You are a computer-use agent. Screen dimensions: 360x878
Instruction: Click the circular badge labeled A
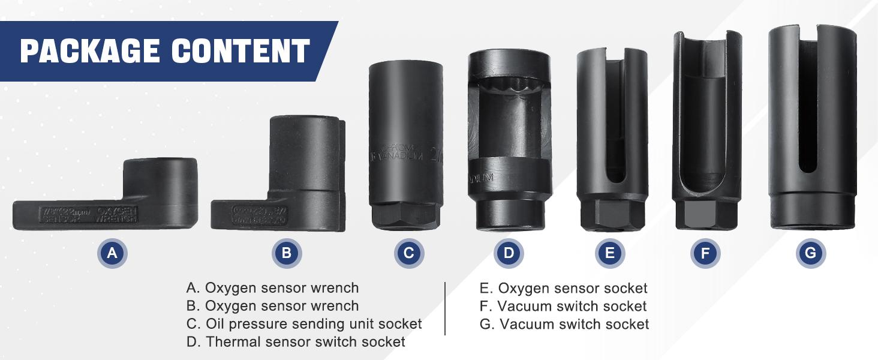click(x=112, y=253)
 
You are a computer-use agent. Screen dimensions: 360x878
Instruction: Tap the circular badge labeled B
click(x=287, y=253)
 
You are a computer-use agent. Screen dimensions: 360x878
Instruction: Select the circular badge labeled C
click(x=409, y=253)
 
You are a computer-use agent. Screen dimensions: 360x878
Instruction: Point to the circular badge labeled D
click(x=509, y=253)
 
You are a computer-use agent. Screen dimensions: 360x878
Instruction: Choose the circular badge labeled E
click(x=610, y=253)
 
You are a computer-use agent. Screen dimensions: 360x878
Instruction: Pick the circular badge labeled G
click(x=811, y=253)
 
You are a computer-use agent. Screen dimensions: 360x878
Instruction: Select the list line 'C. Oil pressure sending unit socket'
click(x=304, y=324)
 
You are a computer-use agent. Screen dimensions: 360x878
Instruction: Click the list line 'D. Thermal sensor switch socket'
click(x=296, y=342)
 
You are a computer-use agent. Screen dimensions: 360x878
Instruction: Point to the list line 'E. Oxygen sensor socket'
click(x=564, y=289)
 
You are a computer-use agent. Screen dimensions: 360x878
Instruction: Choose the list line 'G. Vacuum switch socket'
click(x=564, y=325)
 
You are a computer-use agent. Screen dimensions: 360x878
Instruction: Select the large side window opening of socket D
click(x=509, y=129)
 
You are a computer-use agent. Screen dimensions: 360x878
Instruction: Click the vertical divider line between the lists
click(x=445, y=308)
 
